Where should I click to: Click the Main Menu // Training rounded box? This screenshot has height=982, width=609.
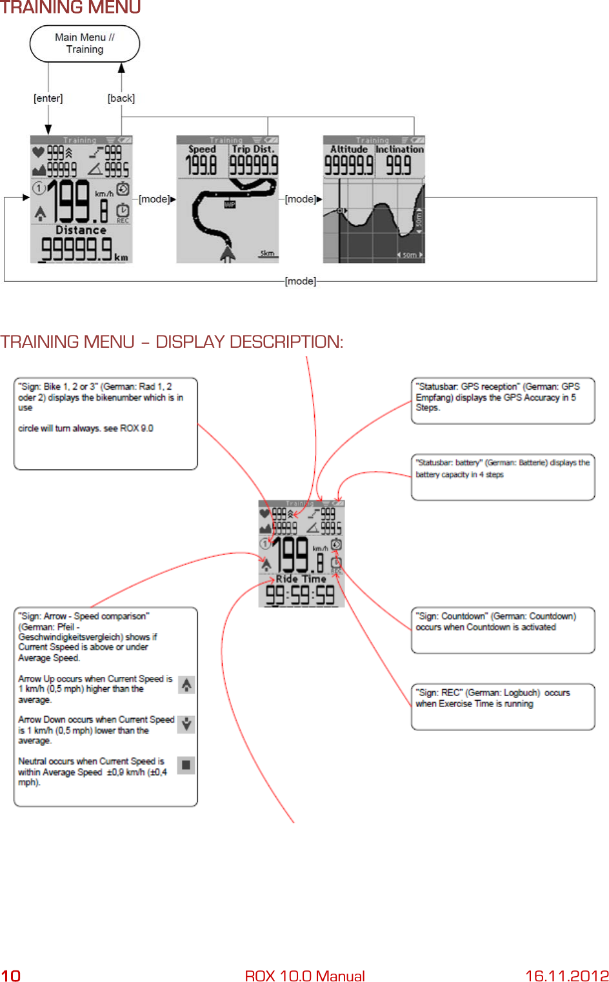pos(85,44)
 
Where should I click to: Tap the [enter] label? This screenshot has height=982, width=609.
pos(48,98)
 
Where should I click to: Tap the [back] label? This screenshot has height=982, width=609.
pos(121,98)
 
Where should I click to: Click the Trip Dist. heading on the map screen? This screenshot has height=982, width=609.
pos(254,149)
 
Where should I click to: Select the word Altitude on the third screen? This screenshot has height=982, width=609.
pos(348,149)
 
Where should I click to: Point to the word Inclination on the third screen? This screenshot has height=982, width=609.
pos(399,149)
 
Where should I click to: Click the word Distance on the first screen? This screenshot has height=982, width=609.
pos(81,230)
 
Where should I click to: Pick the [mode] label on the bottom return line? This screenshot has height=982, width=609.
pos(301,281)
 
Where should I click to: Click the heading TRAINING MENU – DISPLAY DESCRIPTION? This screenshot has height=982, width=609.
pos(172,341)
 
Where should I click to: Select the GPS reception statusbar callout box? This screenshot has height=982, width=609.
pos(503,401)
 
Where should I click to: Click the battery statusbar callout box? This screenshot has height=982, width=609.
pos(503,477)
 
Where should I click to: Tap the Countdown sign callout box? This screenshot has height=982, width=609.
pos(503,630)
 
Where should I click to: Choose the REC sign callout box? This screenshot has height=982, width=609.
pos(503,706)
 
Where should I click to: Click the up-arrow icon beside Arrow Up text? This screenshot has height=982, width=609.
pos(186,685)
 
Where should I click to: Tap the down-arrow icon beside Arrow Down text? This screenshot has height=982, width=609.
pos(186,724)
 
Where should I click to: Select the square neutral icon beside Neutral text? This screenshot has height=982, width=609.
pos(186,765)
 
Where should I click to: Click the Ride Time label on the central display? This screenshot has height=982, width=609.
pos(301,579)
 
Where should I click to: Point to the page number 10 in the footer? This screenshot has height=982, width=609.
pos(11,975)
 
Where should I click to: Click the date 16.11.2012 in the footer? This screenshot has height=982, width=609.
pos(566,975)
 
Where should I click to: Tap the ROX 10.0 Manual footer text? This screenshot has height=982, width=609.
pos(304,975)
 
